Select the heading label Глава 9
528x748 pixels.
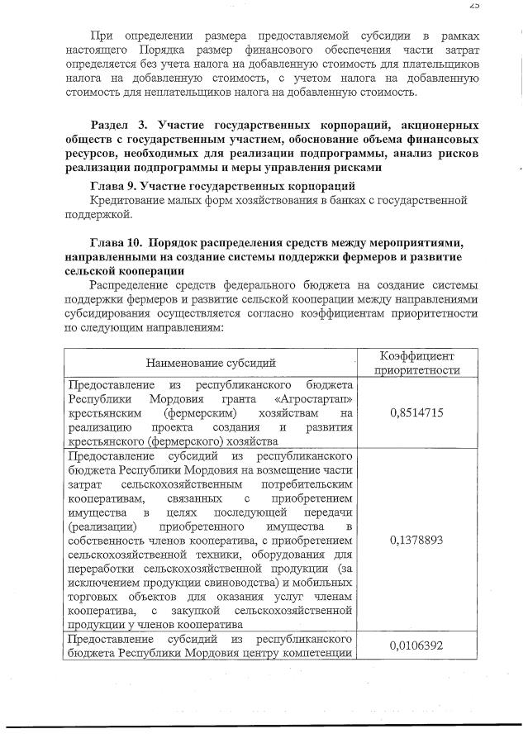[x=114, y=186]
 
